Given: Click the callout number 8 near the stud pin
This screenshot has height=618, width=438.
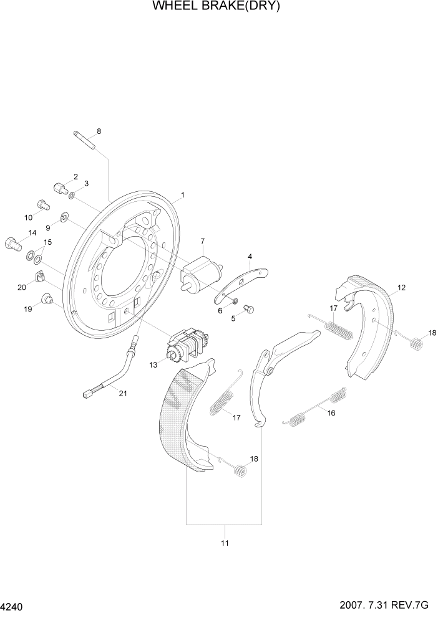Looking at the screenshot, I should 99,131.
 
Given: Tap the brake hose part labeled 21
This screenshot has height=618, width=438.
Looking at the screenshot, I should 112,374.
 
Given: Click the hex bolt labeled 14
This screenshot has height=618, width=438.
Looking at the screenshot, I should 13,242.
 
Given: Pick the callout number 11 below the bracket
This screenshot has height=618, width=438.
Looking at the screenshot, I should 225,543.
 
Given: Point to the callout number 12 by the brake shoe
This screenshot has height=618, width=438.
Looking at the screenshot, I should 401,288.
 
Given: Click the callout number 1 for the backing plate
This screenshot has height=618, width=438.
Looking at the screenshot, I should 182,195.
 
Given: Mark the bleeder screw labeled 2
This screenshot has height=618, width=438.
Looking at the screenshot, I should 60,187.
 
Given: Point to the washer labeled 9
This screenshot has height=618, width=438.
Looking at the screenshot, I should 64,217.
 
